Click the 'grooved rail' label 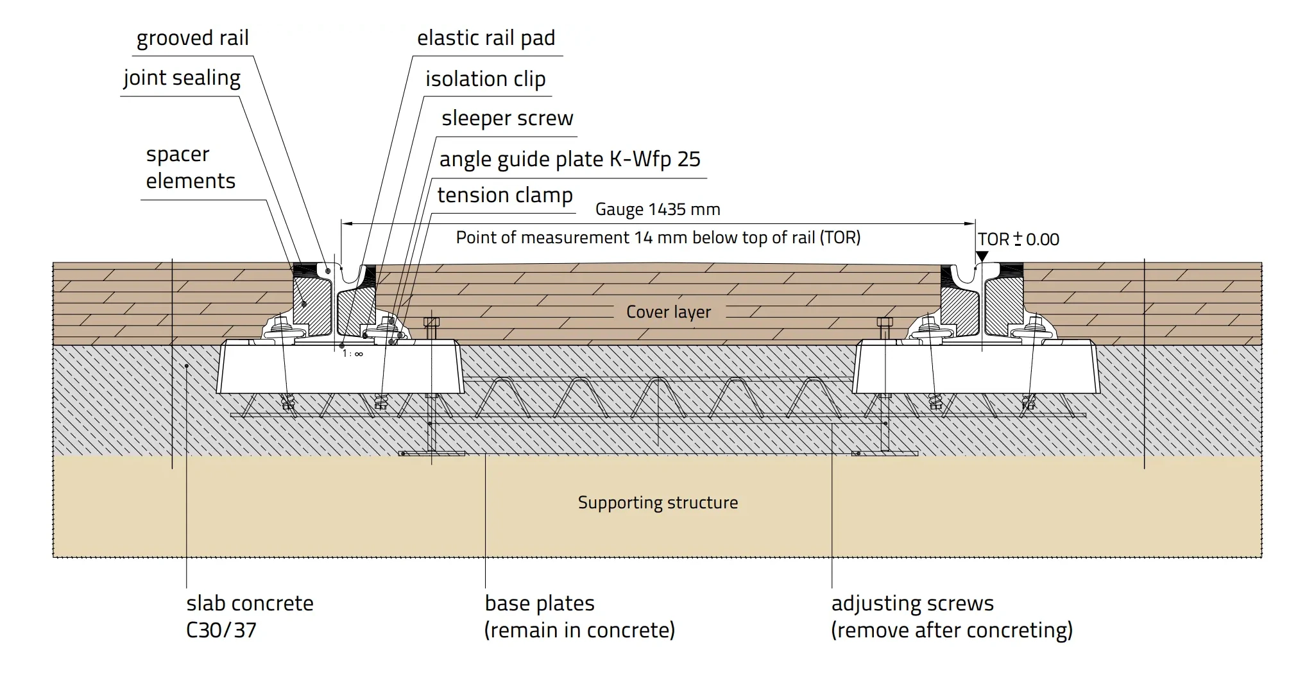pyautogui.click(x=192, y=39)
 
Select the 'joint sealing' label pyautogui.click(x=182, y=78)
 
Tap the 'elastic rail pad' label pyautogui.click(x=486, y=39)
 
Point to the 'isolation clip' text pyautogui.click(x=485, y=80)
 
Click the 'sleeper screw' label pyautogui.click(x=507, y=119)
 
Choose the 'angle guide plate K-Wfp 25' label pyautogui.click(x=570, y=159)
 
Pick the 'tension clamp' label pyautogui.click(x=505, y=195)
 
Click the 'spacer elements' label pyautogui.click(x=191, y=168)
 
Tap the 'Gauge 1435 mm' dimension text pyautogui.click(x=658, y=209)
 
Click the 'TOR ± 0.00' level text pyautogui.click(x=1018, y=239)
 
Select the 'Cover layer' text pyautogui.click(x=669, y=313)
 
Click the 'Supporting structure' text pyautogui.click(x=658, y=503)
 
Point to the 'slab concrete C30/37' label pyautogui.click(x=250, y=616)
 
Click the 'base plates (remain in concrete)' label pyautogui.click(x=579, y=616)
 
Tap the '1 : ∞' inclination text pyautogui.click(x=352, y=354)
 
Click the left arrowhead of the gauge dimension pyautogui.click(x=345, y=223)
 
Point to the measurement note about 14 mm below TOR pyautogui.click(x=658, y=238)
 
